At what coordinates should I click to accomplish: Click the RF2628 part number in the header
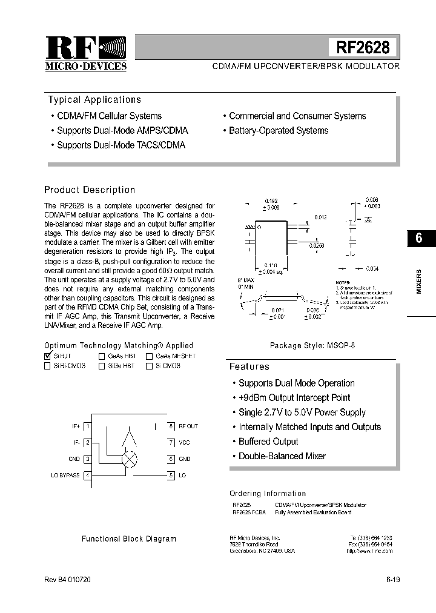(363, 48)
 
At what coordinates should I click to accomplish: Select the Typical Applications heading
(94, 100)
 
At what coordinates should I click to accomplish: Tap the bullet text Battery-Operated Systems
(279, 131)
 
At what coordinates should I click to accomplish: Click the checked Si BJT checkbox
(48, 357)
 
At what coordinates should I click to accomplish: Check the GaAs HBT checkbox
(102, 357)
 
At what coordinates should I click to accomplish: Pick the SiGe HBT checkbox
(102, 366)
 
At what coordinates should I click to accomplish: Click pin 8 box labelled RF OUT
(171, 426)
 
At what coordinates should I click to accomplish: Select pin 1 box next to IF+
(87, 426)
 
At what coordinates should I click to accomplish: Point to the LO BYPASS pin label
(65, 475)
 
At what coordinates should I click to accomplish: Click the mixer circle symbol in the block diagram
(130, 459)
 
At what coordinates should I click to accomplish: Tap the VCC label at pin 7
(185, 443)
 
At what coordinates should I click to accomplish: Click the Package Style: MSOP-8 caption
(312, 345)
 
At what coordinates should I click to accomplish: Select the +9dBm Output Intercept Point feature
(294, 398)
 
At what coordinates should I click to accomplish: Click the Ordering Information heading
(268, 494)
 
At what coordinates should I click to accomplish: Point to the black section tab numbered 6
(418, 238)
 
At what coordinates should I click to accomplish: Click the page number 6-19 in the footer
(392, 580)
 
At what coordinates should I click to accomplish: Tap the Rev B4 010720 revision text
(67, 580)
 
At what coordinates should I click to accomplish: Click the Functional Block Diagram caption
(129, 538)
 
